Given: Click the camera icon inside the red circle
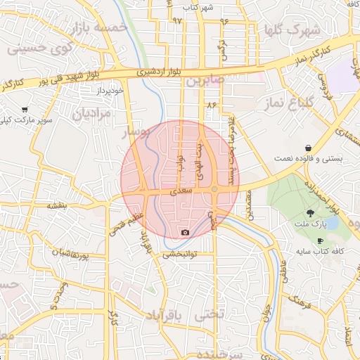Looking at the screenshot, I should [x=185, y=233].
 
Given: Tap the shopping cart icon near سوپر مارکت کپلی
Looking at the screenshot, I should [x=25, y=110].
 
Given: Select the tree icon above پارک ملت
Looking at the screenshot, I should [x=309, y=212].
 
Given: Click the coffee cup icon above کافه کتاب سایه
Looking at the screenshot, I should [x=321, y=241].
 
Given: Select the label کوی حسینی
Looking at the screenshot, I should [x=36, y=50].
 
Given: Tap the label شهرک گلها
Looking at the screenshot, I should [x=290, y=30].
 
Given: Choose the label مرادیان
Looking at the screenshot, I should [x=94, y=113].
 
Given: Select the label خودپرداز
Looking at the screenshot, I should [x=111, y=91].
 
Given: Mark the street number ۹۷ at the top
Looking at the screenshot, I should [x=176, y=21].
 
